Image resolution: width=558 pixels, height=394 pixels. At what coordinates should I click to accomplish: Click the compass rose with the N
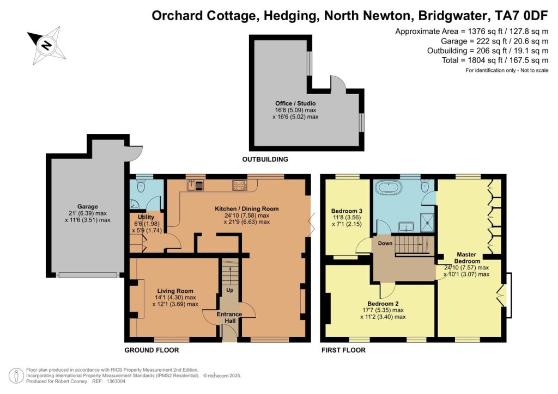pos(47,45)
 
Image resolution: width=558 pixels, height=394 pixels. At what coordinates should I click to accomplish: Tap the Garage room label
pos(88,206)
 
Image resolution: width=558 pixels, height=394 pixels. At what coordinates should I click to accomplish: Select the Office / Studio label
pos(295,103)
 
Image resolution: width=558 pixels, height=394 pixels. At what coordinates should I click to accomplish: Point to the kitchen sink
pos(195,185)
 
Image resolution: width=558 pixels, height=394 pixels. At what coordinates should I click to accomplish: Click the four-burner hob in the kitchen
pos(240,185)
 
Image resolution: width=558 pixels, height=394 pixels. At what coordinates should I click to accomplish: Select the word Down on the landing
pos(385,243)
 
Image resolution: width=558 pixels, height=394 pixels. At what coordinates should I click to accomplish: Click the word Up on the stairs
pos(230,290)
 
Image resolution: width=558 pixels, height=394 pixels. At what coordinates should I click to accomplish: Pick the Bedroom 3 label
pos(347,211)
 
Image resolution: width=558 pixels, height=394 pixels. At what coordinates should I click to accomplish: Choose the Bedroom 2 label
pos(383,304)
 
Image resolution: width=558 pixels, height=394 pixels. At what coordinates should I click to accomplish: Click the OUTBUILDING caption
pos(265,159)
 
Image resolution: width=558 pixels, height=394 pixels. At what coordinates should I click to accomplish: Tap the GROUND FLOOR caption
pos(151,350)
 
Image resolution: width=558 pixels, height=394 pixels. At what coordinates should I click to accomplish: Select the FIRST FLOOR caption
pos(343,350)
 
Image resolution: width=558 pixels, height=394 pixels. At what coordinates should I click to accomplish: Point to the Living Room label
pos(175,291)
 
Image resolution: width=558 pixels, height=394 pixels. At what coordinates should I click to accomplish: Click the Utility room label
pos(146,217)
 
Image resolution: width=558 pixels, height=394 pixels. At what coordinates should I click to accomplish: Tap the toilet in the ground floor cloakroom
pos(141,186)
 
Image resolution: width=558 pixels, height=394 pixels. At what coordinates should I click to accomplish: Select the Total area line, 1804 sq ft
pos(495,60)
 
